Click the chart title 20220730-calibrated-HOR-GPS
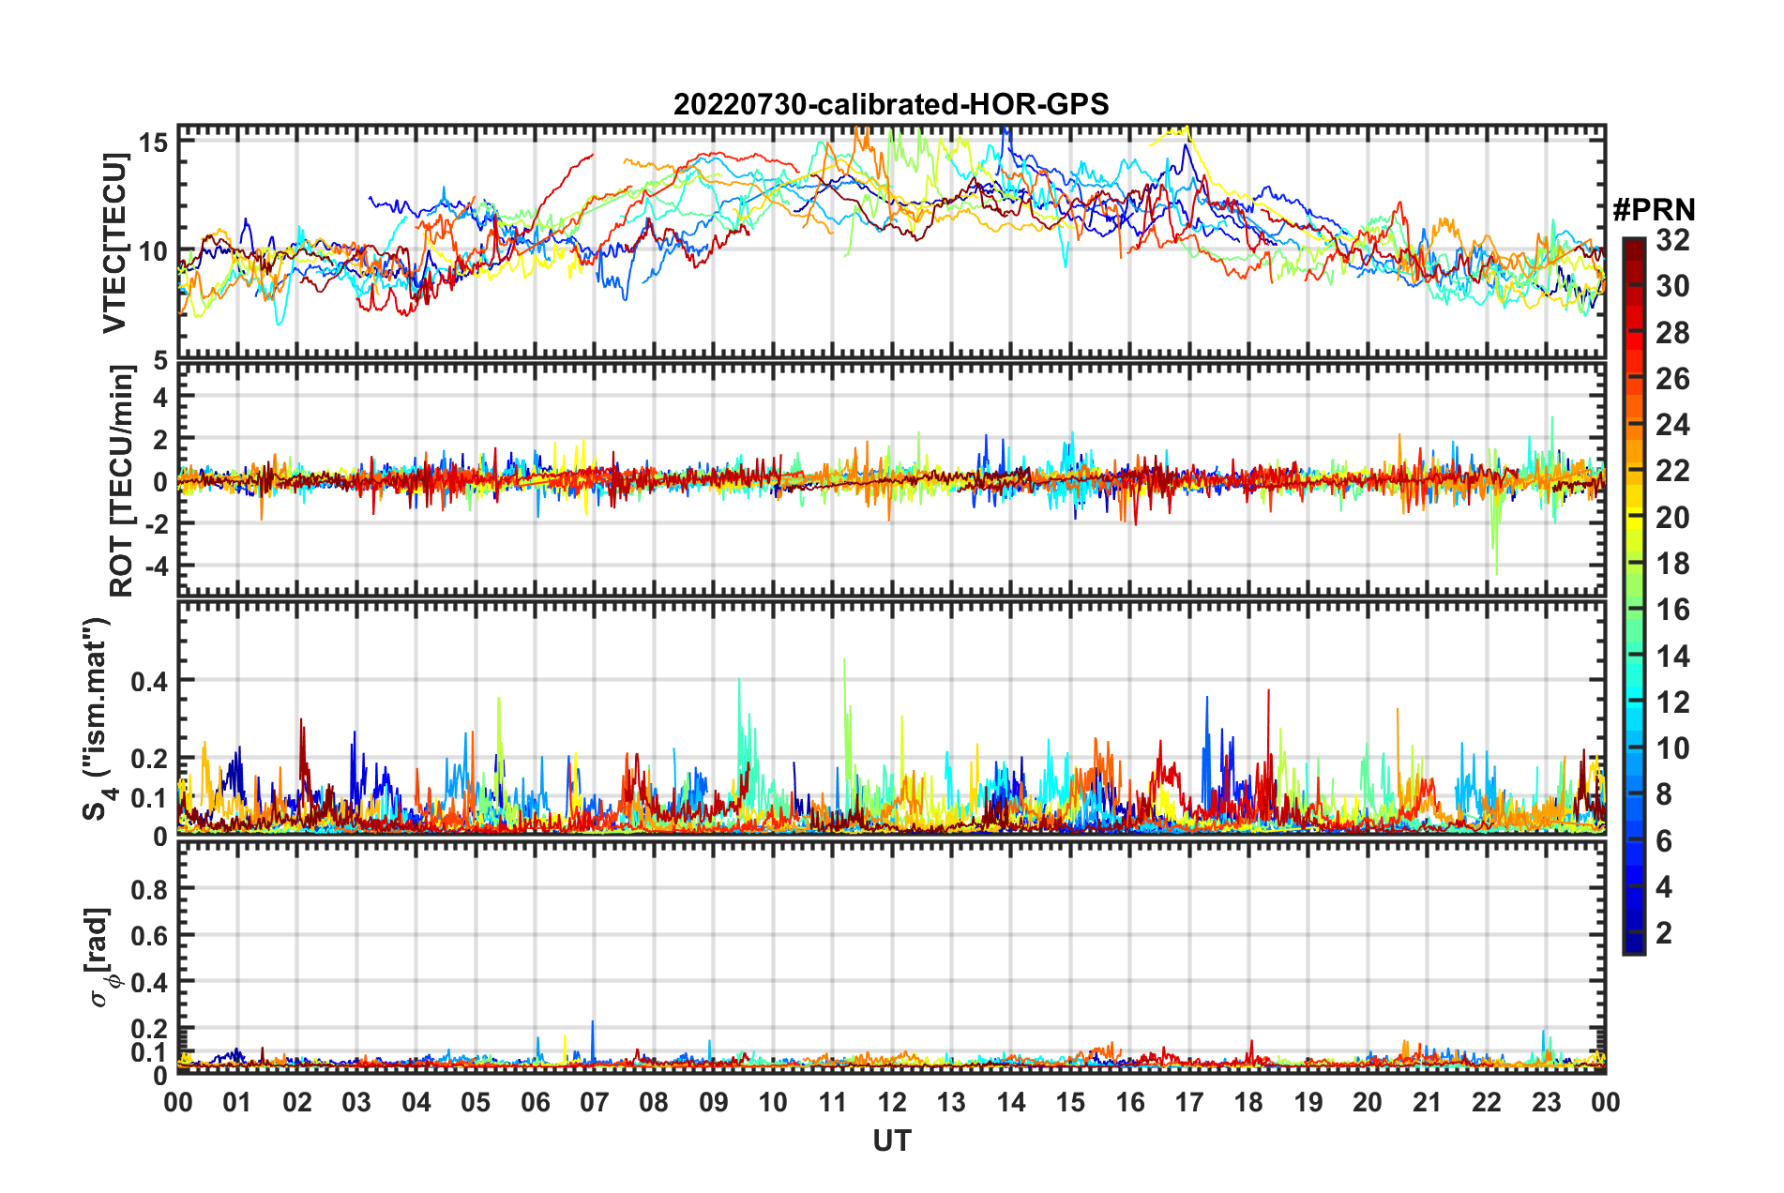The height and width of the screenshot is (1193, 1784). pos(891,104)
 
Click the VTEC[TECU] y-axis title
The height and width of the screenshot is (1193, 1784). pos(114,243)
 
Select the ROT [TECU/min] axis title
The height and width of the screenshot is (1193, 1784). pos(122,481)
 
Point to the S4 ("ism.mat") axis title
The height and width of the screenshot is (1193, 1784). pos(97,719)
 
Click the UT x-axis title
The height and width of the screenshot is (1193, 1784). pos(891,1140)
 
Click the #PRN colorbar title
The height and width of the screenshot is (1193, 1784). pos(1654,209)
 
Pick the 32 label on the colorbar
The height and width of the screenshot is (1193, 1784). pos(1672,240)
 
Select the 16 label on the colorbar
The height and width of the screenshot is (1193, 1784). pos(1672,610)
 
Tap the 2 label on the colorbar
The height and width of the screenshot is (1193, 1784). pos(1664,932)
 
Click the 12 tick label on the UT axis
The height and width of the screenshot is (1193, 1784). pos(892,1102)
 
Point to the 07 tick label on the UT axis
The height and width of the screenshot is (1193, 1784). pos(595,1102)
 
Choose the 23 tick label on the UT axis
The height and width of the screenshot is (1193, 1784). pos(1546,1102)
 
